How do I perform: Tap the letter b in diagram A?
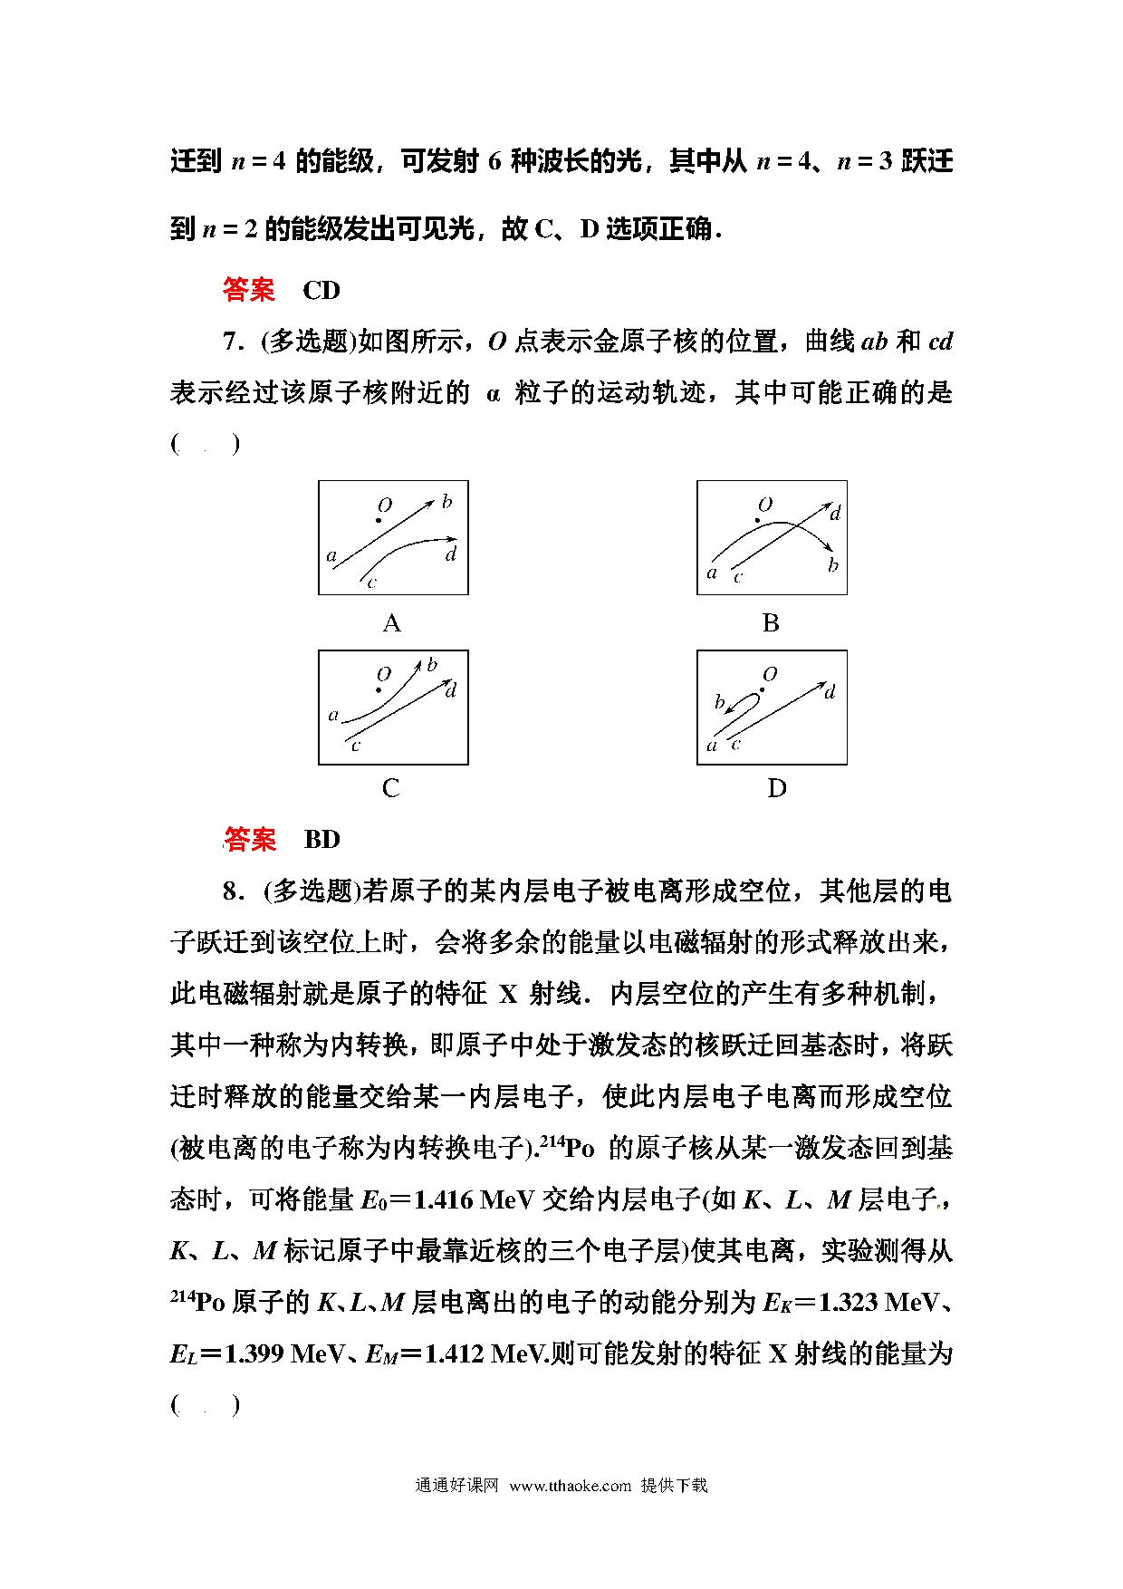446,502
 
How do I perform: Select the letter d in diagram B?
835,514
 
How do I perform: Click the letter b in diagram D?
720,702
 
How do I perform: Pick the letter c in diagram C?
356,746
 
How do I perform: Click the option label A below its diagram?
391,623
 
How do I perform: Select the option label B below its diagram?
771,623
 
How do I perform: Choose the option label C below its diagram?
391,788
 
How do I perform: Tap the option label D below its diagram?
776,788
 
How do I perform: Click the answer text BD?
322,840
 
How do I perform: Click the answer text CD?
322,290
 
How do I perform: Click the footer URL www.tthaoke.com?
570,1486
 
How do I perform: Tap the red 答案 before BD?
250,840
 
